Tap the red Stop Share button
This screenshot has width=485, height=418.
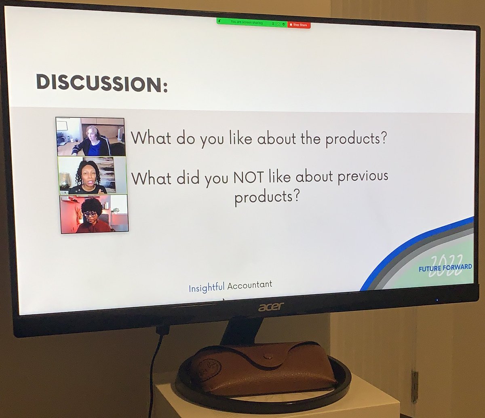(299, 25)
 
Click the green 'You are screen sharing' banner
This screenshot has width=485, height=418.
(247, 23)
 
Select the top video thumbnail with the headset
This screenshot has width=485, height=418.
(91, 137)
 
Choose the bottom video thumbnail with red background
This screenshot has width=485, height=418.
(94, 214)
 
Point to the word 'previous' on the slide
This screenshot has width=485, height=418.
(362, 177)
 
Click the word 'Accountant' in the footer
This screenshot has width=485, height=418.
(249, 285)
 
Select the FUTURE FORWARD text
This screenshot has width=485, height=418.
(445, 268)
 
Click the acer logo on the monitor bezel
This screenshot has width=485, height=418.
(271, 307)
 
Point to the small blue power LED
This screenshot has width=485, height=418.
(437, 300)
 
